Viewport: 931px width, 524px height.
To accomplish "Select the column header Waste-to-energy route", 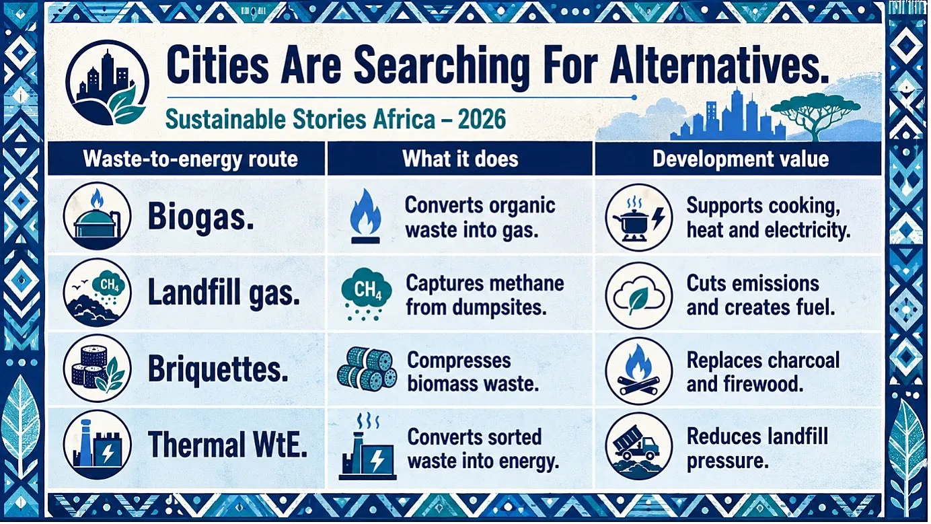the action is pyautogui.click(x=190, y=159).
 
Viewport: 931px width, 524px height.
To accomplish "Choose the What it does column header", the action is pyautogui.click(x=460, y=159).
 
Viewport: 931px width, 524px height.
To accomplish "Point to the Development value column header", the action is pyautogui.click(x=741, y=159).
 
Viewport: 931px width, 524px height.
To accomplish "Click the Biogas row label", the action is pyautogui.click(x=200, y=217).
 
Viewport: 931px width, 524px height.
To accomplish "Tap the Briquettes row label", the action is pyautogui.click(x=218, y=369).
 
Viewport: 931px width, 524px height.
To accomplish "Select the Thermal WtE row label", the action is pyautogui.click(x=227, y=444).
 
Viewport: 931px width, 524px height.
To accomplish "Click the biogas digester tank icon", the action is pyautogui.click(x=98, y=216).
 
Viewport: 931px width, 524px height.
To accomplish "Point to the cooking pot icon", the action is pyautogui.click(x=639, y=217).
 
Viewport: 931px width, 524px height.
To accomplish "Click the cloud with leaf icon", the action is pyautogui.click(x=639, y=296).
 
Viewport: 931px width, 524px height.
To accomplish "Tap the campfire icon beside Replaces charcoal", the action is pyautogui.click(x=639, y=371).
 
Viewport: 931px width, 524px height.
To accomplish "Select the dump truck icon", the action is pyautogui.click(x=639, y=446).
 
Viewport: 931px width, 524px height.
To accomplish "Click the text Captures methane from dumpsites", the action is pyautogui.click(x=484, y=295).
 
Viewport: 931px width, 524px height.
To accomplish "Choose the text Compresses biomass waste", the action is pyautogui.click(x=473, y=371).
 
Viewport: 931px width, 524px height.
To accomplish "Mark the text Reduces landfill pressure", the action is pyautogui.click(x=757, y=449).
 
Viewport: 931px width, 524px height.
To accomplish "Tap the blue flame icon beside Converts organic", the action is pyautogui.click(x=365, y=216).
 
